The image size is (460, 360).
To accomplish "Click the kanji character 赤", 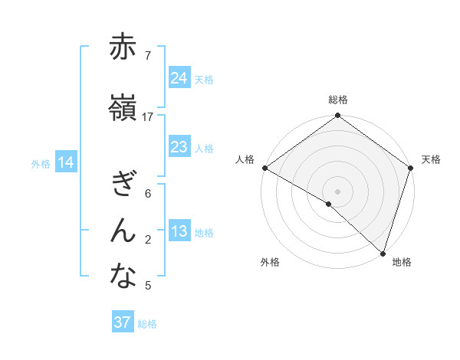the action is point(123,47).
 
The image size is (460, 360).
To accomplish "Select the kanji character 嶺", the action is point(123,109).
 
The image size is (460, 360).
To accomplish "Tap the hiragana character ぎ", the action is point(123,184).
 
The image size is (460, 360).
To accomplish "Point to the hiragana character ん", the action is point(123,230).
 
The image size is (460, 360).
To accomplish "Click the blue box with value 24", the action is point(179,78).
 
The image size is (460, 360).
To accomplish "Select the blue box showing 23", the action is point(179,147).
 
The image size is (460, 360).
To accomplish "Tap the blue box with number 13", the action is point(179,232).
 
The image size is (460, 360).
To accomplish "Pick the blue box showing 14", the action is point(66,162).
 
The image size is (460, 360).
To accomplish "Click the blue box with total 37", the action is point(123,322).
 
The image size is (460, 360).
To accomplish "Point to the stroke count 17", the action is point(148,117).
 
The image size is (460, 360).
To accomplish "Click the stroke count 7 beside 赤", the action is point(147,56).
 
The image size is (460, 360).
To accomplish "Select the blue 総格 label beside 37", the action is point(147,324).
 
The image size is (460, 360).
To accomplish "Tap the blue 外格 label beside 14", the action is point(41,163).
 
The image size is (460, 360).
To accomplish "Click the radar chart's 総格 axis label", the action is point(338,100).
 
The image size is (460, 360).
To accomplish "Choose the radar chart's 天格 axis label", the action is point(431,159).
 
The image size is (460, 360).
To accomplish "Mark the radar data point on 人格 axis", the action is point(264,168).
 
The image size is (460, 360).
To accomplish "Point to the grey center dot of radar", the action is point(337,191).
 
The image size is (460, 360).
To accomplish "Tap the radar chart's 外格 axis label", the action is point(270,262).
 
